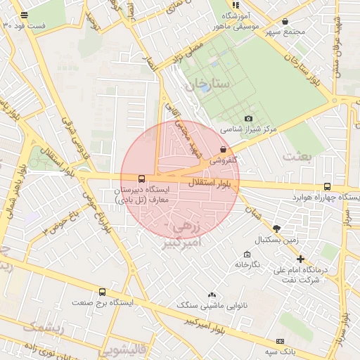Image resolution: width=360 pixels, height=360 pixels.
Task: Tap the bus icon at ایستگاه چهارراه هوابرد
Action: [x=328, y=186]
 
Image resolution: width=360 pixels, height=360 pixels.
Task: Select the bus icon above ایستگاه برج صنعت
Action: [x=103, y=292]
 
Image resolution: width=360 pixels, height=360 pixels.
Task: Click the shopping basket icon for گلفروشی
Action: [x=224, y=149]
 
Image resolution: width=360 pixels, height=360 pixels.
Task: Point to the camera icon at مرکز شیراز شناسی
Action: [x=248, y=118]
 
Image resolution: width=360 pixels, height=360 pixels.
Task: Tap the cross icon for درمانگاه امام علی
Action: [x=301, y=259]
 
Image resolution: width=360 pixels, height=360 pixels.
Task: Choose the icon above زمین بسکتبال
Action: [x=276, y=229]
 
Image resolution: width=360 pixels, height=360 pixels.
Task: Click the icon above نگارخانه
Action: [x=247, y=254]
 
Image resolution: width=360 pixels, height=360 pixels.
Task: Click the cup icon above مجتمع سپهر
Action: [x=285, y=21]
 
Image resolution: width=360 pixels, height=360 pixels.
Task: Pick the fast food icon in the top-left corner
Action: [x=25, y=15]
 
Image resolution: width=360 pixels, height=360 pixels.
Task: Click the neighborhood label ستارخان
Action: [x=208, y=84]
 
